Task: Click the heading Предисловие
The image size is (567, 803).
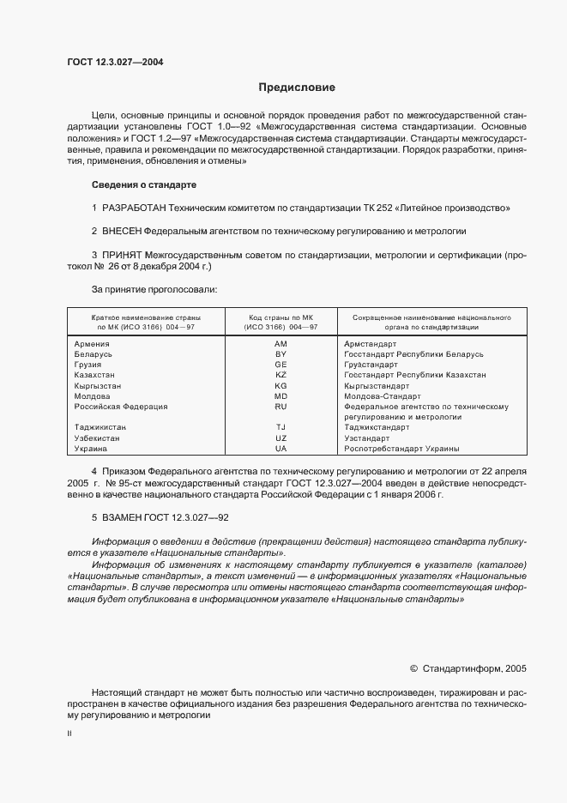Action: click(297, 88)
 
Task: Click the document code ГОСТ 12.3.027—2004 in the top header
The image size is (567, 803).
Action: click(115, 62)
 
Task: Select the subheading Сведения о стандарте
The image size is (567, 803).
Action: click(144, 184)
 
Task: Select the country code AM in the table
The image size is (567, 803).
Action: click(280, 344)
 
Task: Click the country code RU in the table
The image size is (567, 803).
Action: click(280, 407)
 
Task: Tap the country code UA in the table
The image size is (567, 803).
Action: click(280, 449)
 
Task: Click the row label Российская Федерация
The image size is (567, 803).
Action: click(121, 407)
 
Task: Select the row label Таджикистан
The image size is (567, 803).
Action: click(101, 427)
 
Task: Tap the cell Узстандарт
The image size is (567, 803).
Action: click(367, 438)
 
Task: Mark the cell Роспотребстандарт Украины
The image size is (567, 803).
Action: click(401, 449)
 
